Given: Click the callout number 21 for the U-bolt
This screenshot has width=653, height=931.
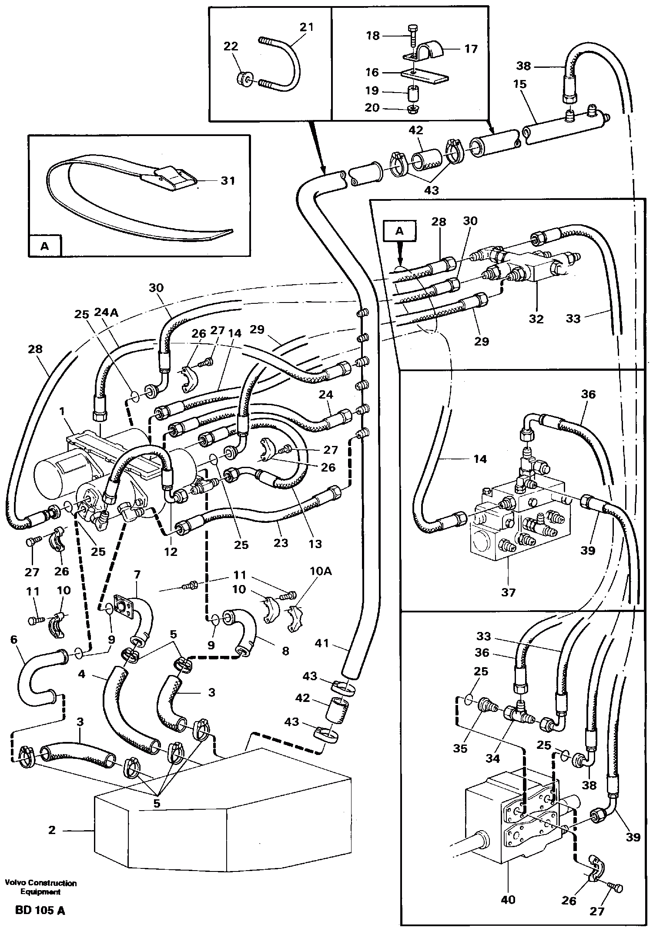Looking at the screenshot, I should pos(306,27).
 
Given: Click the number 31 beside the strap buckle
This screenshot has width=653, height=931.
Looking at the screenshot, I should pos(228,180).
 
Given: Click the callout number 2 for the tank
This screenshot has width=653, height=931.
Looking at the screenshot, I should pos(52,830).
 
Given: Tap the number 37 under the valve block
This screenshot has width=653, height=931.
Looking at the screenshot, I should pos(508,592).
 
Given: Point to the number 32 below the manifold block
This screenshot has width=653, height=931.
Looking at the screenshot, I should pos(536,319).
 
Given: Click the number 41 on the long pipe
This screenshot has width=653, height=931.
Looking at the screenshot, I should pos(322,643).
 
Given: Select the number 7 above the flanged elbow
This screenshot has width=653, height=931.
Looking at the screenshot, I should pos(137,575).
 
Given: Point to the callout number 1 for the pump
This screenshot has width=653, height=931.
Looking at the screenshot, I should pos(62,411).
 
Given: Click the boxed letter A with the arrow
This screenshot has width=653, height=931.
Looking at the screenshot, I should pos(400,232).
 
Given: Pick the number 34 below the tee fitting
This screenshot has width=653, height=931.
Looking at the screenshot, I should pos(493,758).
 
